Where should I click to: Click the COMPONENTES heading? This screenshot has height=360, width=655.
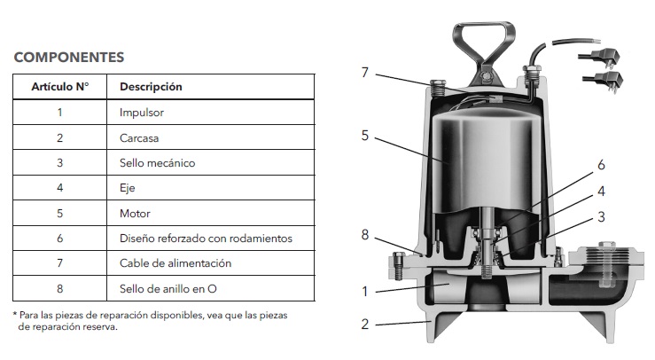(x=69, y=57)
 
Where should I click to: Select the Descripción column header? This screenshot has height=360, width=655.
(x=151, y=87)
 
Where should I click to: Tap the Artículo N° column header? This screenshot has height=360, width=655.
(x=59, y=87)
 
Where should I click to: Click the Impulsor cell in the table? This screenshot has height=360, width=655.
(x=142, y=113)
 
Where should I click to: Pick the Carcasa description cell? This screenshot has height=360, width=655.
(x=139, y=138)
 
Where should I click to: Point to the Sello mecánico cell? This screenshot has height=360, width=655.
(x=157, y=163)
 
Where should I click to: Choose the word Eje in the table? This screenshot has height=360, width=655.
(x=128, y=188)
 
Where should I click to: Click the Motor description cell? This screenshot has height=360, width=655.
(x=135, y=214)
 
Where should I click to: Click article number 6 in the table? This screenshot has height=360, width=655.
(x=59, y=239)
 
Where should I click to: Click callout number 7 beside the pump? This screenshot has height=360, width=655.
(x=364, y=72)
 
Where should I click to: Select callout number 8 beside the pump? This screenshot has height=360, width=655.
(x=364, y=235)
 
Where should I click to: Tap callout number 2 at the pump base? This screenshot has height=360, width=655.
(x=364, y=324)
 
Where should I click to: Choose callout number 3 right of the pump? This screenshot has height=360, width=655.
(x=601, y=216)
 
